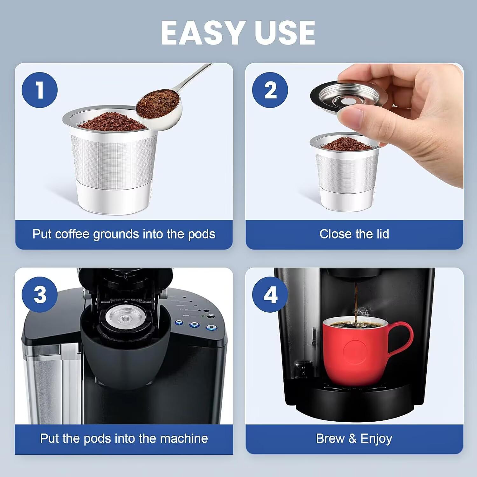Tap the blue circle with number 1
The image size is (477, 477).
(40, 90)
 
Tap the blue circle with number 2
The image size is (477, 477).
(270, 90)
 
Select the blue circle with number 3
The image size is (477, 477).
(40, 294)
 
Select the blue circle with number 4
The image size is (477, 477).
(270, 294)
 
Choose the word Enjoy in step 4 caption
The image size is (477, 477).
(376, 439)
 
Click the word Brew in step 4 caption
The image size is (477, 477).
(330, 439)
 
